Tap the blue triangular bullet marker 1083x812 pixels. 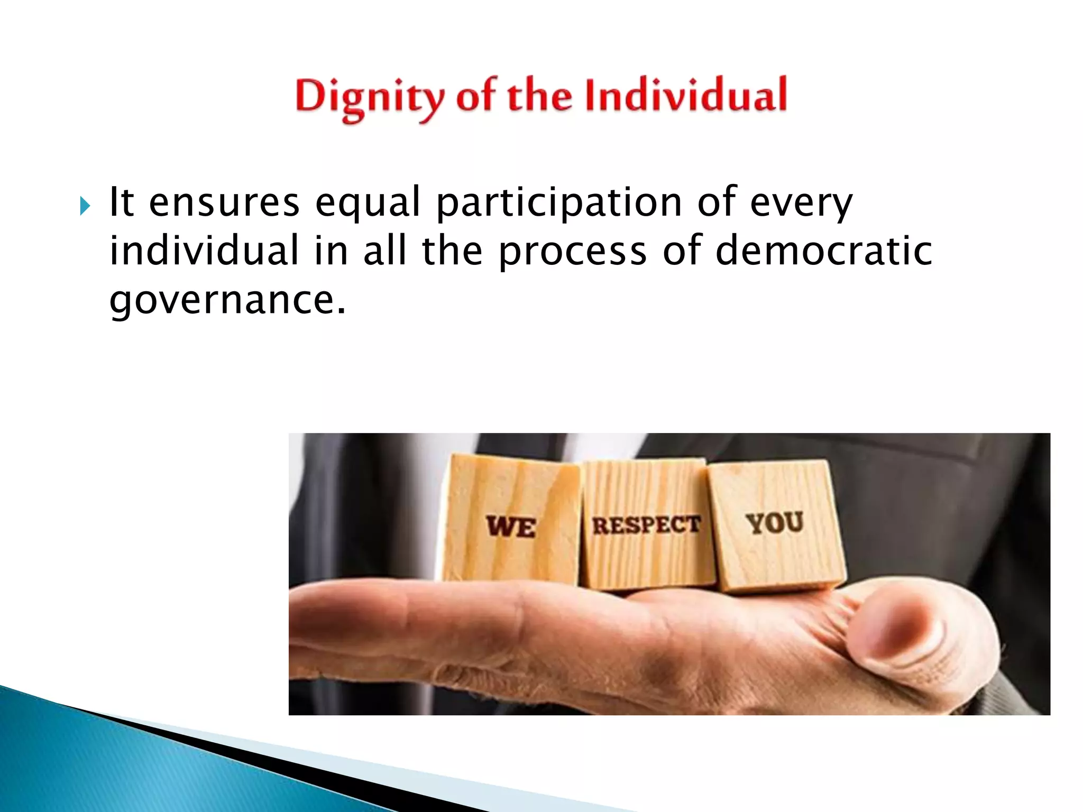85,206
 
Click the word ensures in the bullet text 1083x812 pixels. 224,202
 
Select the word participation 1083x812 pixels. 559,204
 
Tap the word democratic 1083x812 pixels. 823,251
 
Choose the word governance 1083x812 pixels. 227,300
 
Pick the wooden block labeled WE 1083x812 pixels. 511,521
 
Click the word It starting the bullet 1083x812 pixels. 121,202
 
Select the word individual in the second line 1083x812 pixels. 204,251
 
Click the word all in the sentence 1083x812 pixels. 385,251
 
